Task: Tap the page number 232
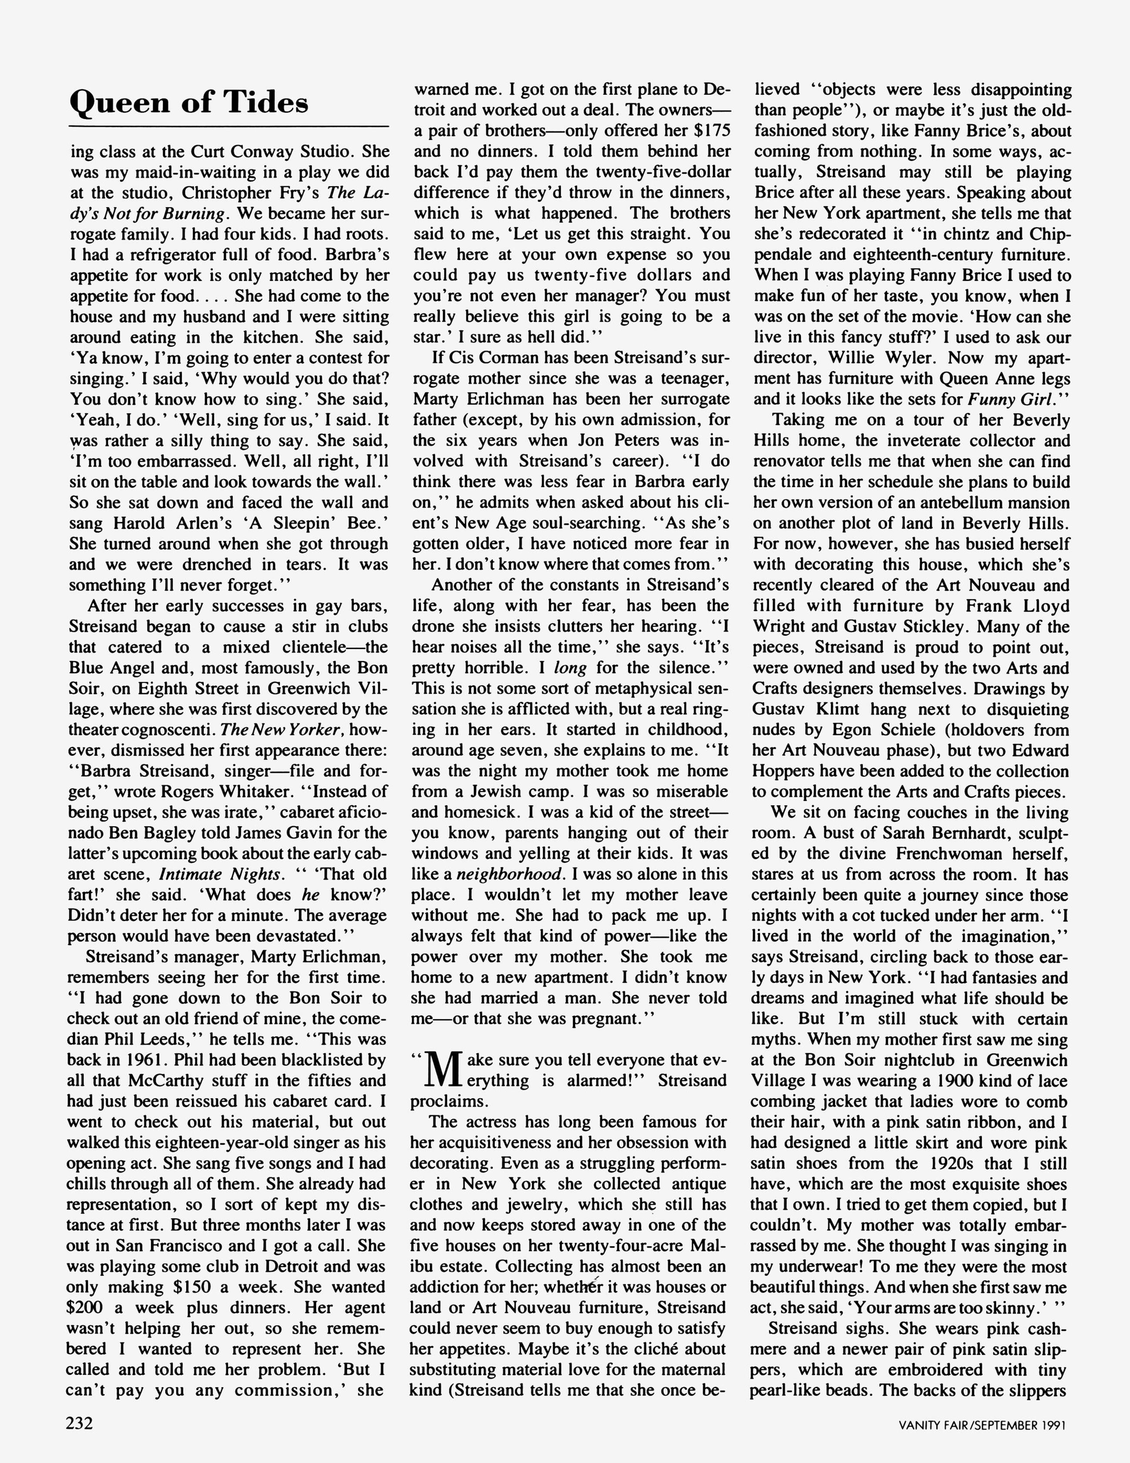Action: pos(80,1422)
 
